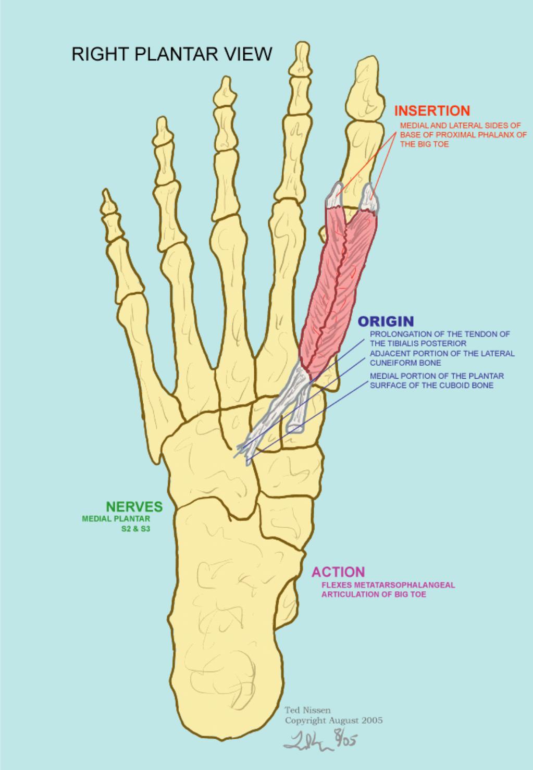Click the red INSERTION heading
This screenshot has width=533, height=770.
[432, 111]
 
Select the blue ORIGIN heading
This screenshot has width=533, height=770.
[386, 321]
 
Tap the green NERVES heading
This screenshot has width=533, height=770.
[134, 507]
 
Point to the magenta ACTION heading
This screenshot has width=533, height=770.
[338, 572]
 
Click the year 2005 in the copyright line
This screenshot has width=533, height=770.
[371, 721]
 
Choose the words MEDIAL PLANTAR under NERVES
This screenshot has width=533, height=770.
[116, 519]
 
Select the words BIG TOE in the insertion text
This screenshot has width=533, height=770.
[432, 144]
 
